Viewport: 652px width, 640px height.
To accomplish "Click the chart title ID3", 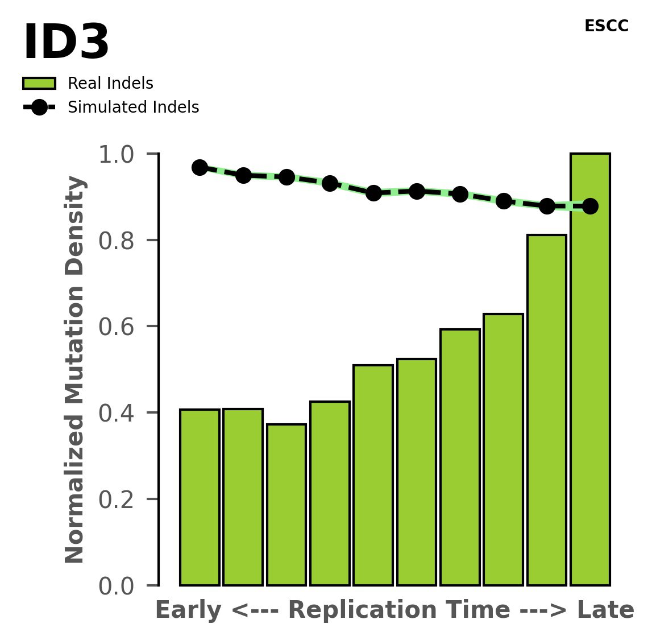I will coord(66,43).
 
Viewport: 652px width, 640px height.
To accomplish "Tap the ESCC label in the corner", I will coord(606,26).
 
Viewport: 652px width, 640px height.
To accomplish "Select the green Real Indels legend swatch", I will coord(39,84).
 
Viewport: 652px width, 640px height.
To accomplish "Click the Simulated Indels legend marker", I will coord(39,108).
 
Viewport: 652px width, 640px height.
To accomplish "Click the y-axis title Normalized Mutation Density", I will coord(75,370).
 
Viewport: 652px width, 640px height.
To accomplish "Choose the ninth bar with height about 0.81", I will coord(546,410).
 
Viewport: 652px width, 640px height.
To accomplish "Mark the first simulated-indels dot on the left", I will coord(200,167).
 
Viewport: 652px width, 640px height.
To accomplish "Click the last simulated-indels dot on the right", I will coord(590,206).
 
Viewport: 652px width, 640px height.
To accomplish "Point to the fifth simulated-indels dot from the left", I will coord(373,193).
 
